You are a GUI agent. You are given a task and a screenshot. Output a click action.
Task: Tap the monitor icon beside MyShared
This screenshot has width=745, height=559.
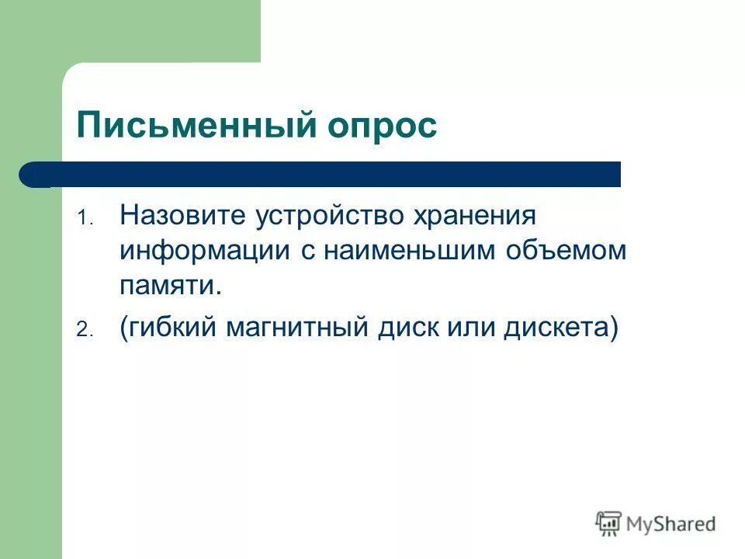[x=608, y=523]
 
